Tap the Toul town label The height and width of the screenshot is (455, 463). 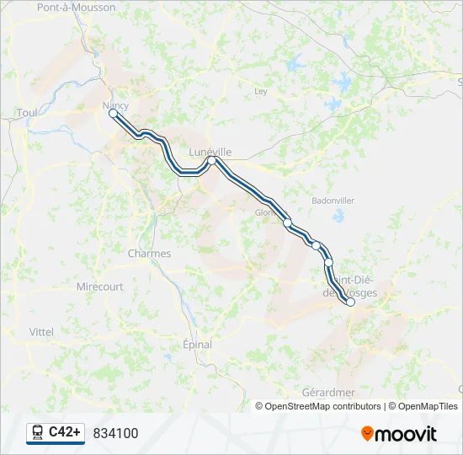pos(27,112)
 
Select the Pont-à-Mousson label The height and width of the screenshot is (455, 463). pos(76,7)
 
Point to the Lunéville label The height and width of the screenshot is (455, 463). pos(210,152)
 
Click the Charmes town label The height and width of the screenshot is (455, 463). pos(149,254)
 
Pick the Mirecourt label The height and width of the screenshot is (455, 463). pos(99,286)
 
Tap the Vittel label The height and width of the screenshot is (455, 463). pos(41,332)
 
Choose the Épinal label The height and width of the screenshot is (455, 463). pos(197,345)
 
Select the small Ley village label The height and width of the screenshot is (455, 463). pos(261,91)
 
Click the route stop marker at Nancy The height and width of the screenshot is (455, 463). pos(113,113)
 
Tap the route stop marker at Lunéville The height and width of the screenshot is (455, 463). pos(213,160)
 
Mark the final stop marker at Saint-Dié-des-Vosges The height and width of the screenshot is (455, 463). pos(350,302)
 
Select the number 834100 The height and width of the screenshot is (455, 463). pos(115,433)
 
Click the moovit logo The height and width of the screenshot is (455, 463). pos(399,434)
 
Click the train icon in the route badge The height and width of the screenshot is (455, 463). pos(38,432)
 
